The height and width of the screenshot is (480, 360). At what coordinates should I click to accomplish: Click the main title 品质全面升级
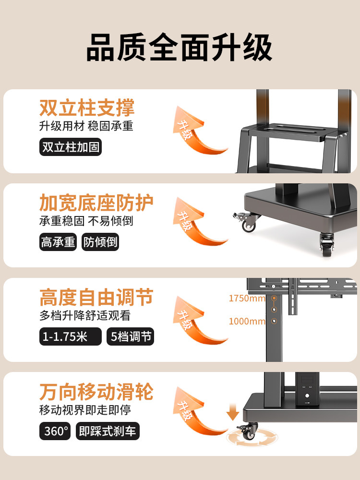[180, 47]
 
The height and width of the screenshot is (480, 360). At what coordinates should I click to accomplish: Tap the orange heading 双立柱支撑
[87, 108]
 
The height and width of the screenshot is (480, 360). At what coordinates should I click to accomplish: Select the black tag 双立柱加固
[71, 147]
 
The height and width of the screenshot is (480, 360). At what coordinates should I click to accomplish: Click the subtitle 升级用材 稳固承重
[86, 126]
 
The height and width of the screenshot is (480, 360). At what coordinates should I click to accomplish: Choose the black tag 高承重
[58, 242]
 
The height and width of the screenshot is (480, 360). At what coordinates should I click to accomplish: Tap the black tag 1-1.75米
[70, 336]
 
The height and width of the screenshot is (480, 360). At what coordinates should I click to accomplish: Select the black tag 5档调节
[131, 336]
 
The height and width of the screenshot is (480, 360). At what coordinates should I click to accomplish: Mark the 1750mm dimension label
[247, 299]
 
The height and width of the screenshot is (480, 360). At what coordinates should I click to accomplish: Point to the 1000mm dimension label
[247, 321]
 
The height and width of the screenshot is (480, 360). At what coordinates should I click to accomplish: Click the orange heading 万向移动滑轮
[96, 392]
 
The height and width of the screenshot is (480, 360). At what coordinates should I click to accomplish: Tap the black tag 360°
[57, 431]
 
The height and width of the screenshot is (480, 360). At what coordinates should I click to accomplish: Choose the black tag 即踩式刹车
[108, 431]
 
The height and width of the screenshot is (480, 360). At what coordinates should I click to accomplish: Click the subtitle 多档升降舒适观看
[85, 316]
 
